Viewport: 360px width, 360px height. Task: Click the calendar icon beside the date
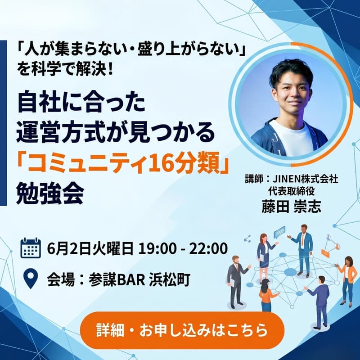coord(31,248)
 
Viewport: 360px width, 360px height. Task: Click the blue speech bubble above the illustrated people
coord(279,231)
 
